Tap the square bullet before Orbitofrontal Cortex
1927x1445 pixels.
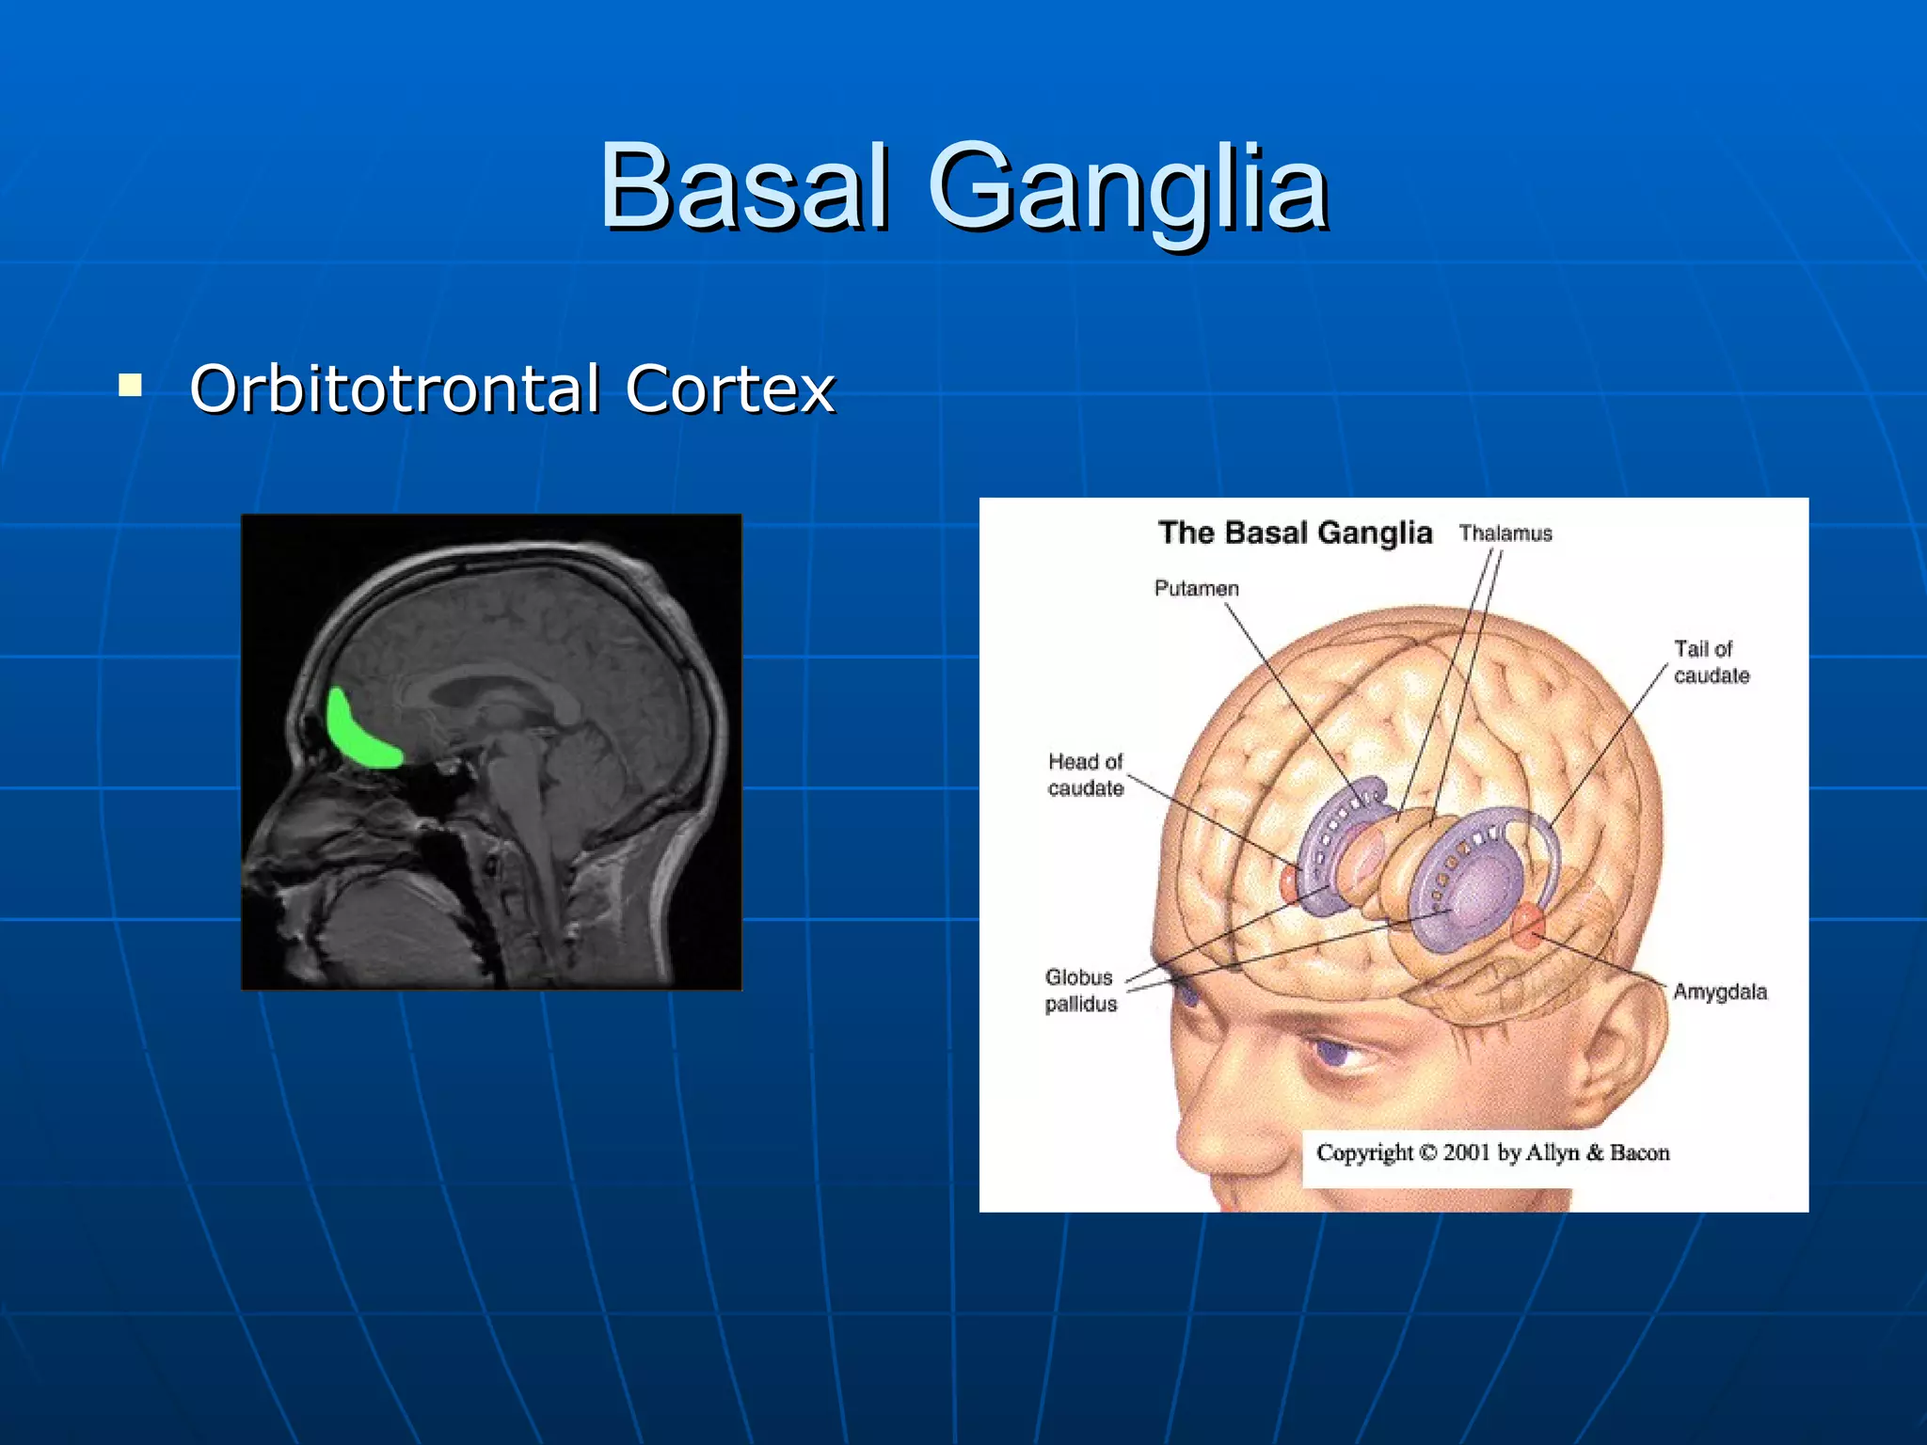131,385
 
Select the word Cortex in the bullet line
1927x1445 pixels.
729,389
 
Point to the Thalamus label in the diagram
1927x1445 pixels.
1505,533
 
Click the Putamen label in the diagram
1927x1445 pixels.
1196,589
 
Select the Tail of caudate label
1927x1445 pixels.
1710,662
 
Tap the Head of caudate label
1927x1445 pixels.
1086,774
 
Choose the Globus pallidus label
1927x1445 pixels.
1080,991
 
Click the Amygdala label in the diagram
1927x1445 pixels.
1719,992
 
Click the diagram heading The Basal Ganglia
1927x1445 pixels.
1295,532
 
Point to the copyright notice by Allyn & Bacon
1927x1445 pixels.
1492,1152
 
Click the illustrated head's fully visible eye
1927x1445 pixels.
1341,1054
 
